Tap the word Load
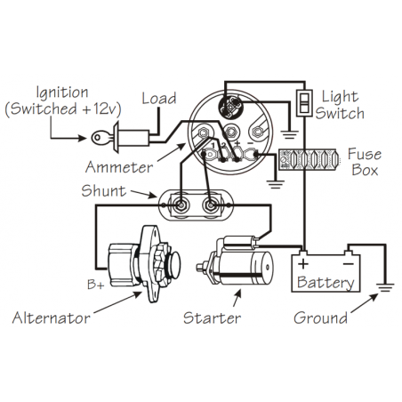[x=159, y=99]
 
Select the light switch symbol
[x=304, y=103]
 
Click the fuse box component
[x=308, y=159]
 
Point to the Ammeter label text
[x=119, y=167]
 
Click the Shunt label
[x=103, y=190]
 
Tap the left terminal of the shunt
[x=180, y=205]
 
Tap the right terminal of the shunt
[x=210, y=205]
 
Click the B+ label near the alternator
[x=96, y=285]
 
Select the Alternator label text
[x=51, y=318]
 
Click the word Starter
[x=212, y=318]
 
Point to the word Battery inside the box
[x=326, y=282]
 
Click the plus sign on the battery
[x=303, y=263]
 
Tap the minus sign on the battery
[x=349, y=263]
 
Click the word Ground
[x=320, y=318]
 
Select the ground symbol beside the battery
[x=385, y=287]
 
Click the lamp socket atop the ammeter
[x=229, y=106]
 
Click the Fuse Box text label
[x=365, y=162]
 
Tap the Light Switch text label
[x=340, y=105]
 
